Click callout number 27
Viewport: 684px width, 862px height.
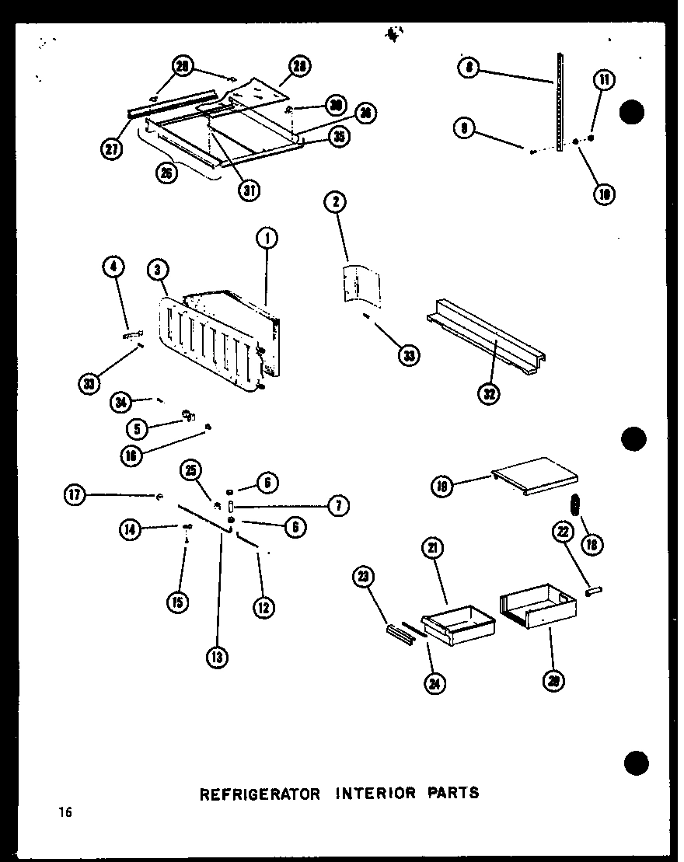113,149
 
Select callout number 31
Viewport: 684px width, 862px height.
249,190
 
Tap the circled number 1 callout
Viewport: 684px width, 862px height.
267,237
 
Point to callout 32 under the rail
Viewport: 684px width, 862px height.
490,393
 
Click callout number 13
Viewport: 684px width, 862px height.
218,658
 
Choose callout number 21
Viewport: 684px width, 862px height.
433,548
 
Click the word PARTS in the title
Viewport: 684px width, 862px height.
452,794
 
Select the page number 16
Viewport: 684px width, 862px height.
64,813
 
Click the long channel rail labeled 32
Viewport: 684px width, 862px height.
486,342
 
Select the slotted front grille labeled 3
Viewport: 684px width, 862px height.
206,342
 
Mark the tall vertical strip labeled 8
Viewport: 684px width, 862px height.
557,101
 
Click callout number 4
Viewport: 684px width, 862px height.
113,269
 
